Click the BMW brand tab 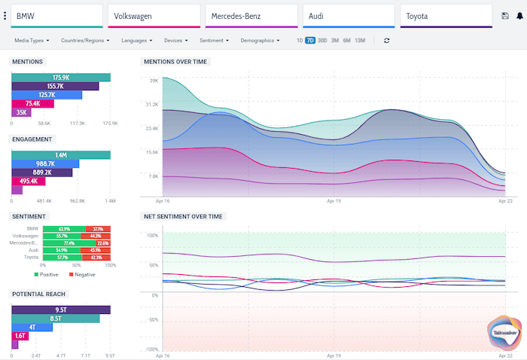[x=56, y=16]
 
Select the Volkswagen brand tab [x=154, y=16]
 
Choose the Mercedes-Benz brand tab [x=251, y=16]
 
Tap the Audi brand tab [x=349, y=16]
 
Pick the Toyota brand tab [x=446, y=16]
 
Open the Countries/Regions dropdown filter [x=85, y=40]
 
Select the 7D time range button [x=310, y=40]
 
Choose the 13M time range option [x=360, y=40]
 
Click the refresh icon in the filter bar [x=386, y=40]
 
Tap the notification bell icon [x=519, y=16]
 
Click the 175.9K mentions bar [x=61, y=78]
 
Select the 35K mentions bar [x=20, y=112]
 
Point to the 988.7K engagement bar [x=45, y=163]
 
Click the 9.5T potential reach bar [x=61, y=309]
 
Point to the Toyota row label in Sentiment [x=30, y=257]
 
